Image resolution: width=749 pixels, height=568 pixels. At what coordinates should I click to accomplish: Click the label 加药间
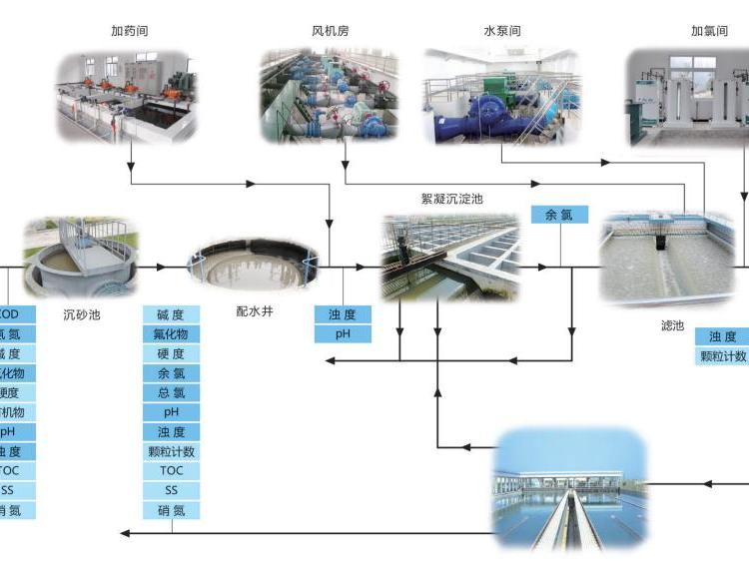click(x=130, y=30)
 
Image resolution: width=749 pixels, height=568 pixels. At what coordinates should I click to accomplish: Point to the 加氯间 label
click(x=710, y=30)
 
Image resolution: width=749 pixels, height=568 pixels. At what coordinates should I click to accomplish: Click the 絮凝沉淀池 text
click(x=451, y=199)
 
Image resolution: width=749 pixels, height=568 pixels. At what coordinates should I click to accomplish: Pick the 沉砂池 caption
click(x=82, y=314)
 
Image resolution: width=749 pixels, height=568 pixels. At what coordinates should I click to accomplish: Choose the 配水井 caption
click(x=255, y=310)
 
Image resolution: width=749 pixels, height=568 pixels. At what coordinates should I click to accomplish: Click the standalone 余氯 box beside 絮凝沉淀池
click(x=559, y=215)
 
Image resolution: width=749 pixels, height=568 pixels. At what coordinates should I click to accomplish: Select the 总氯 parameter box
click(x=171, y=392)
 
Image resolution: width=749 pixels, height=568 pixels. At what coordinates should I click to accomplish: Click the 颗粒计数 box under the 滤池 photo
click(x=722, y=356)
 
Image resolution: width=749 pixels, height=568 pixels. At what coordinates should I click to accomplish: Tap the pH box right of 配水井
click(x=343, y=333)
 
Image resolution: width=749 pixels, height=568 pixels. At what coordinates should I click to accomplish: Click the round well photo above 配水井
click(x=254, y=265)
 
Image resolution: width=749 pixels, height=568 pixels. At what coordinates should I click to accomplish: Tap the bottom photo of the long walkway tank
click(x=569, y=489)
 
